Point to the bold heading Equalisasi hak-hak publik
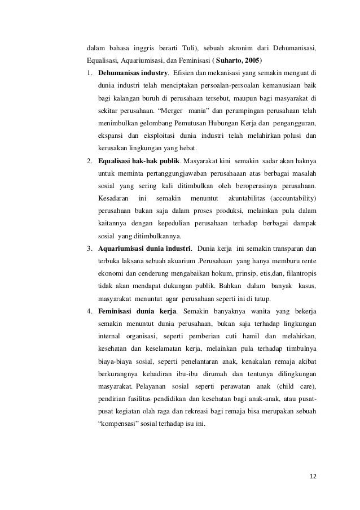133,160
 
